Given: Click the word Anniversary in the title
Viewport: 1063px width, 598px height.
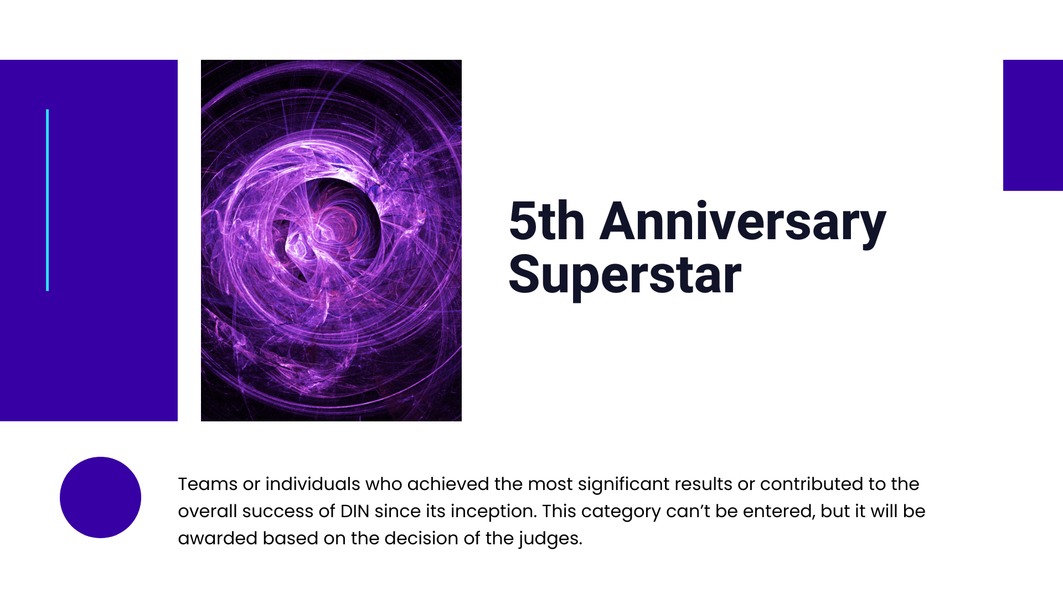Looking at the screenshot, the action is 743,221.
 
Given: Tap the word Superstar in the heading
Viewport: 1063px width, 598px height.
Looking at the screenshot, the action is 625,275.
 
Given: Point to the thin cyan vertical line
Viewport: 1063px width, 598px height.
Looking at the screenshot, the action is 48,200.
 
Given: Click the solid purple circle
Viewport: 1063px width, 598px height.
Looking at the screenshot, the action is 100,497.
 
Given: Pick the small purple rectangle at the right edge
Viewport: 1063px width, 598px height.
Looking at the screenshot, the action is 1033,125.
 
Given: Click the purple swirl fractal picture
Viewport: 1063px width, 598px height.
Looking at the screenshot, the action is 331,240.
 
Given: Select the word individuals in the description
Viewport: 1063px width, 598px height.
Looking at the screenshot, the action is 313,484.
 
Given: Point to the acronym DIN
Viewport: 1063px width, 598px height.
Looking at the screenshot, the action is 355,511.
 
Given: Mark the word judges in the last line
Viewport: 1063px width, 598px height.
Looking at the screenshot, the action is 550,539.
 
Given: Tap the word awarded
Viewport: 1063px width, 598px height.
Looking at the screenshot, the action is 218,538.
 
